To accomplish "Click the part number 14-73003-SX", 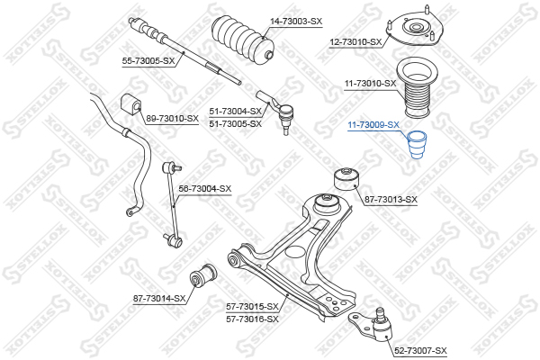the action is [x=296, y=22].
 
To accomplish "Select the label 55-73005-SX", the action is [x=148, y=61].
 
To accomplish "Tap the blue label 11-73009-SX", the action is [x=373, y=125].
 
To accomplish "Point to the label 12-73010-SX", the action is [x=355, y=42].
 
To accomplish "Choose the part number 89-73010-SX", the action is [x=173, y=119].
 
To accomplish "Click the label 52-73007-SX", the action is [x=420, y=351].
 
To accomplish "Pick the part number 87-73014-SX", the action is [x=159, y=298].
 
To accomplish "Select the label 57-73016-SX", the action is [x=252, y=319].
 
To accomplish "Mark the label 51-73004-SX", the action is [x=236, y=112].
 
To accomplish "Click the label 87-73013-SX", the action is [x=391, y=200].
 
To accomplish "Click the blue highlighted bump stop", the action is [x=417, y=145].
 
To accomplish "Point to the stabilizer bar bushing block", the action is [x=130, y=103].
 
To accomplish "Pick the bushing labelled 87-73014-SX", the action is [x=203, y=275].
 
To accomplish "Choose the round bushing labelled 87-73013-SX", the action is [x=346, y=179].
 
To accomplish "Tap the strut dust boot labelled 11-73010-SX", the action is [x=416, y=87].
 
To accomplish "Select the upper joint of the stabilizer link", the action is [x=170, y=168].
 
